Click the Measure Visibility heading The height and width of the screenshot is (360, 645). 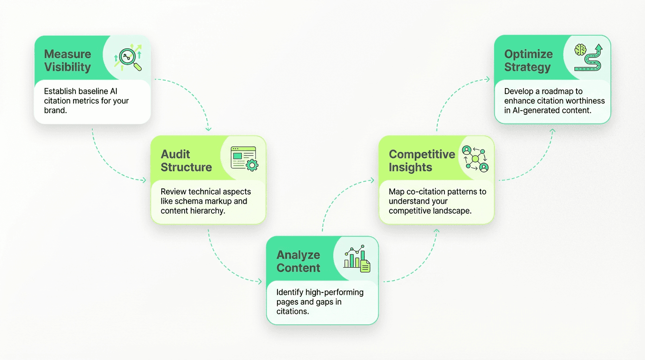[67, 60]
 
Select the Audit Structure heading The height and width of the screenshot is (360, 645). [186, 161]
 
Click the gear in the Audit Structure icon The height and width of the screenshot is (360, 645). [252, 165]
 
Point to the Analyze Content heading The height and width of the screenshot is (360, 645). [298, 261]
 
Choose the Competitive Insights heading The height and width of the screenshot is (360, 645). [422, 161]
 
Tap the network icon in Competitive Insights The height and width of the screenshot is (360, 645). [475, 158]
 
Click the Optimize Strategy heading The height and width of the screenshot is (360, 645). [528, 60]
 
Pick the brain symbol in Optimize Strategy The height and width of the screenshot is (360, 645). [581, 50]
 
